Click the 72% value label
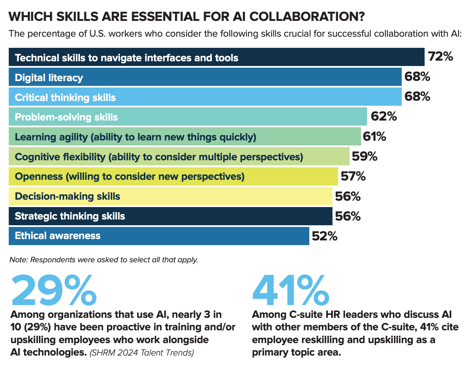[440, 57]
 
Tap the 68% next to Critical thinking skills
[417, 97]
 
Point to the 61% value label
[374, 137]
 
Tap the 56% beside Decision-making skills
[348, 196]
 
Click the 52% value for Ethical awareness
[324, 236]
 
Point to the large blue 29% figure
[54, 290]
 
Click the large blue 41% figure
[291, 290]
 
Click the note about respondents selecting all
[104, 260]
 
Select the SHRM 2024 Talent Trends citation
[142, 353]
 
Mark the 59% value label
[364, 157]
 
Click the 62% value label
[384, 116]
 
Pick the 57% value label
[353, 176]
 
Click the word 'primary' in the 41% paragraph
[271, 353]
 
